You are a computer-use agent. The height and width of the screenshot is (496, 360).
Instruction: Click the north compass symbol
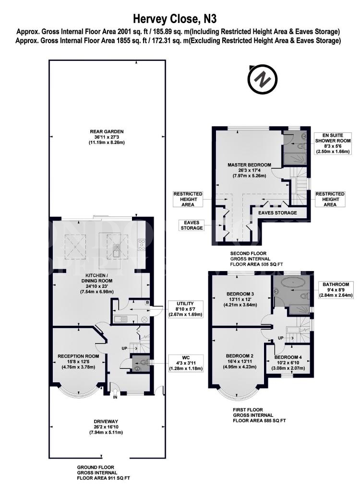[x=263, y=80]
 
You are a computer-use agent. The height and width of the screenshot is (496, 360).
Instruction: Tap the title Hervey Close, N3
[x=175, y=19]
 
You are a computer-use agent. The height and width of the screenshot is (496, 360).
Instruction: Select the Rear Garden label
[x=107, y=137]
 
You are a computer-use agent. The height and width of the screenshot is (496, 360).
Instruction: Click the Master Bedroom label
[x=249, y=170]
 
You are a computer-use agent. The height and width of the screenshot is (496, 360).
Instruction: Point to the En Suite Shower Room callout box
[x=333, y=143]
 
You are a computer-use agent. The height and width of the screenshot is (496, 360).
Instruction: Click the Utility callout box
[x=186, y=309]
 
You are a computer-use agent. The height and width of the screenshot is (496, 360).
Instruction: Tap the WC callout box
[x=186, y=363]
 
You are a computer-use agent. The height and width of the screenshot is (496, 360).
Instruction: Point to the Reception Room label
[x=78, y=362]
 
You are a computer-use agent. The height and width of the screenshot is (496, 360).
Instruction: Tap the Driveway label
[x=106, y=427]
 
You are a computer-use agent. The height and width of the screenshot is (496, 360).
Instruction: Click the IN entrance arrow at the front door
[x=115, y=394]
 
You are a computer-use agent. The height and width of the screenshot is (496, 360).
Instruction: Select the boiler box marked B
[x=147, y=302]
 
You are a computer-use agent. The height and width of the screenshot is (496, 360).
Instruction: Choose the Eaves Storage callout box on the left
[x=192, y=225]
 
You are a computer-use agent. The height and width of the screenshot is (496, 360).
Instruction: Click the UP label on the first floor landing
[x=281, y=338]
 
